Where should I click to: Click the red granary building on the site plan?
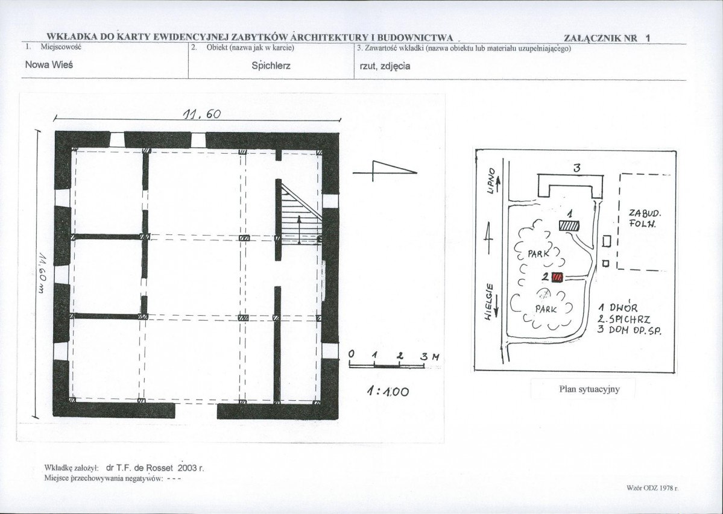pos(557,277)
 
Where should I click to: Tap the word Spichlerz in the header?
pos(271,66)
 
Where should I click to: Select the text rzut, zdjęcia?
pos(385,66)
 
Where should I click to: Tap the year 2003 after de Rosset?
pos(187,468)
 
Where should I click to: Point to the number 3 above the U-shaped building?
pos(577,168)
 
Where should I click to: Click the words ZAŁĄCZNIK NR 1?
pos(607,38)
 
